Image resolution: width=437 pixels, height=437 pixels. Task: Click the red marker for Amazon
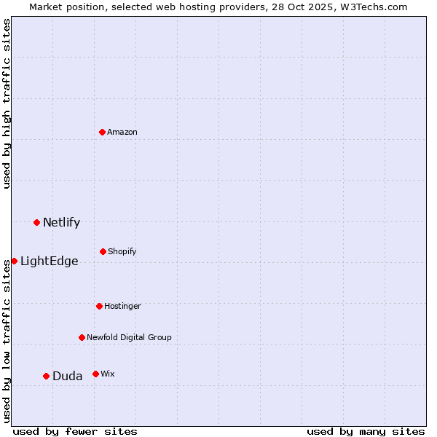103,132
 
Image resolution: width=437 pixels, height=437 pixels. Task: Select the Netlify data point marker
37,222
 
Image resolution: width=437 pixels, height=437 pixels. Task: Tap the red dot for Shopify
103,251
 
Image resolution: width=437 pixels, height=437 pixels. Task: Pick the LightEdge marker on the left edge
14,261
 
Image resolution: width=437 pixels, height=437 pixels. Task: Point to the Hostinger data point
99,306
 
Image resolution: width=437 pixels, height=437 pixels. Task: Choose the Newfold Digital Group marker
82,337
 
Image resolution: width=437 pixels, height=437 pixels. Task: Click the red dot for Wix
95,374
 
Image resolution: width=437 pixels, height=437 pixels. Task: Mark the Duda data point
47,376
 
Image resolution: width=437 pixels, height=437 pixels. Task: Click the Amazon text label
122,132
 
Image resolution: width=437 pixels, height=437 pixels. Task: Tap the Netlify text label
61,222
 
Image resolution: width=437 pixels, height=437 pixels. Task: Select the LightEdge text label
49,261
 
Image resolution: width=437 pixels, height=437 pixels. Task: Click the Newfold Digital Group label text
129,337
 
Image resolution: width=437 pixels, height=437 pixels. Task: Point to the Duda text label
67,376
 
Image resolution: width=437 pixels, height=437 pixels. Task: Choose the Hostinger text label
122,306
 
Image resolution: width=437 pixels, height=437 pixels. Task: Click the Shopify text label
122,251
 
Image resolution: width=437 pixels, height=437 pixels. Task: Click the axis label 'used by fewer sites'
75,431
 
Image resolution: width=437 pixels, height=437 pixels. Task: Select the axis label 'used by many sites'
366,431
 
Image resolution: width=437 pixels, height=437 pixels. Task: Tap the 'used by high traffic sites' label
7,103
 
